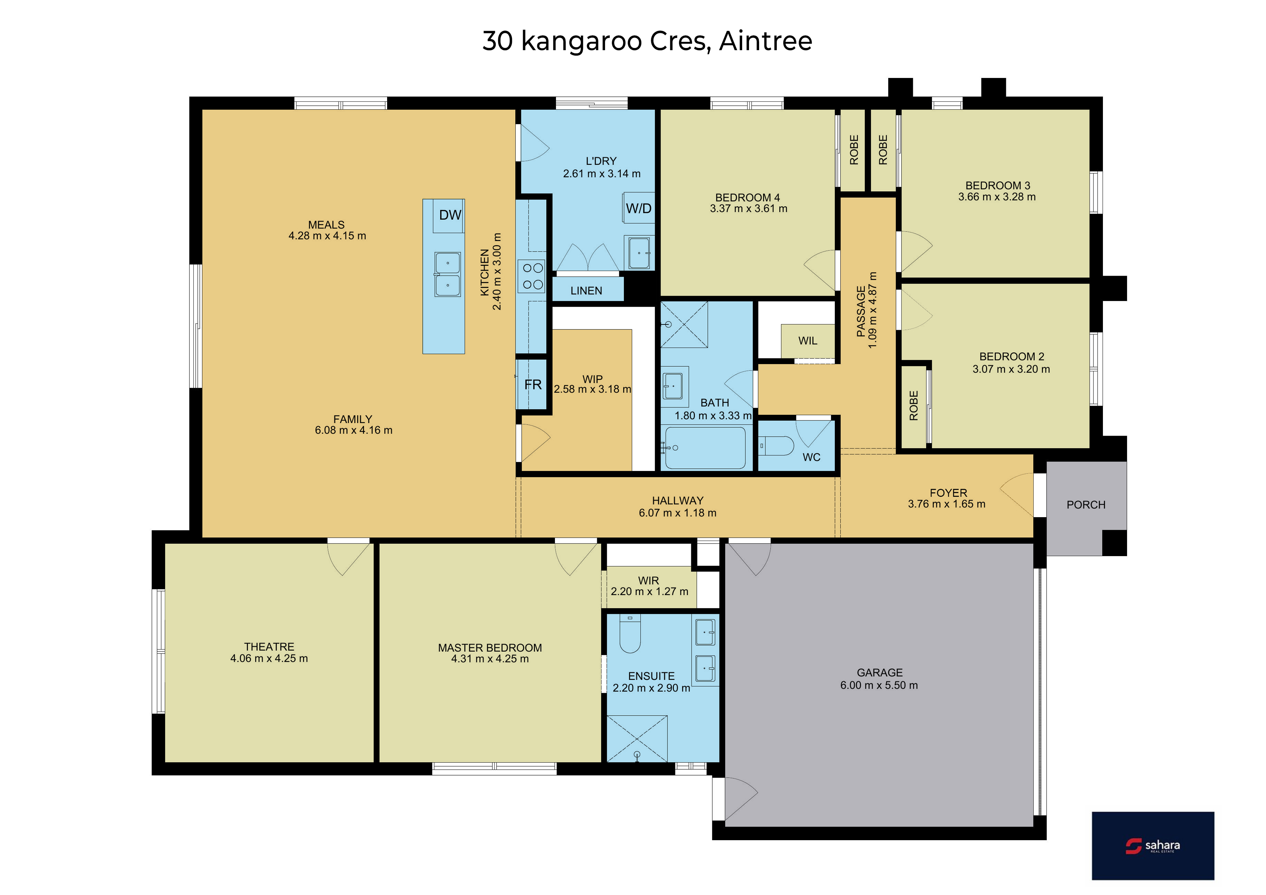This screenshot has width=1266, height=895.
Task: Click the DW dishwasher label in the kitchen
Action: (x=450, y=215)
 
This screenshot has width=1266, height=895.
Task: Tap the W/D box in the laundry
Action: (x=639, y=208)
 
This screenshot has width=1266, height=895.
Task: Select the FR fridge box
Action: (x=532, y=384)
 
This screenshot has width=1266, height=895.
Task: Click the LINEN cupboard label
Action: (x=586, y=291)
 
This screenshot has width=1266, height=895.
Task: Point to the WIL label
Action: (x=808, y=341)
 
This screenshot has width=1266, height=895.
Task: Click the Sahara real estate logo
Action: (x=1153, y=845)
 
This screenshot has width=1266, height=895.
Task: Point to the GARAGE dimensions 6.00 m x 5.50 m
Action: (x=879, y=685)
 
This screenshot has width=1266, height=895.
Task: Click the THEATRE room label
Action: (x=269, y=646)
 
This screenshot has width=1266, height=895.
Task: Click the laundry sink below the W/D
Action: (x=639, y=253)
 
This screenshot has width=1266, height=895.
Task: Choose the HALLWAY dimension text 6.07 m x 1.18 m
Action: (x=678, y=513)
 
